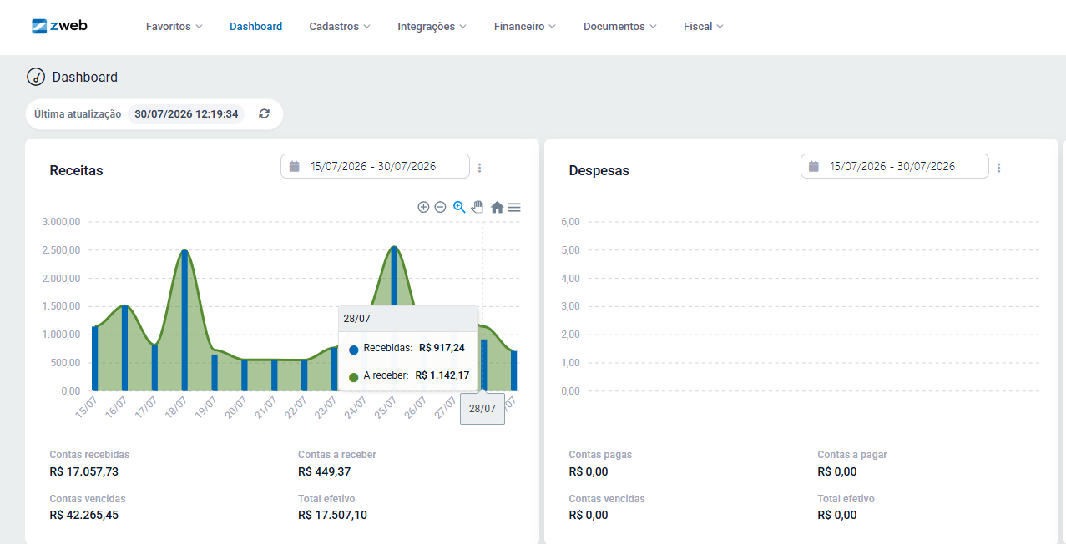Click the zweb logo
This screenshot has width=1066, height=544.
[59, 26]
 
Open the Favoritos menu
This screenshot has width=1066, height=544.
[174, 26]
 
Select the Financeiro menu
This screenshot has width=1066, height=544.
[524, 26]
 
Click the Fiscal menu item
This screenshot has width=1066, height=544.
[703, 26]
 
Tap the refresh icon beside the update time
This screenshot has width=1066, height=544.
[264, 113]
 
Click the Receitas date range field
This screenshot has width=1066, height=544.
[375, 166]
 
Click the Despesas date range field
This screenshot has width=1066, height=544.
[895, 166]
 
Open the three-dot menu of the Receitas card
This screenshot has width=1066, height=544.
[480, 168]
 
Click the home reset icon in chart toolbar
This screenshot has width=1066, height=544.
[497, 207]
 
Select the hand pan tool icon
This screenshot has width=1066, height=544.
[477, 207]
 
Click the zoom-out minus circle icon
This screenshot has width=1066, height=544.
[440, 207]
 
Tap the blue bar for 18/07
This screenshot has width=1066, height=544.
[184, 320]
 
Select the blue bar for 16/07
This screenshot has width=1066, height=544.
[124, 348]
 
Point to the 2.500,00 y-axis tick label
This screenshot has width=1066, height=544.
[61, 250]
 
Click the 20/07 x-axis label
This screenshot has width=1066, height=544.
[235, 407]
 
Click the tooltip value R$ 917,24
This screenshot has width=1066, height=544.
[442, 348]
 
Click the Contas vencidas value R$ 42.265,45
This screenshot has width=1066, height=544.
[83, 515]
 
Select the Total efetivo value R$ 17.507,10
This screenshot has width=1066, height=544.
[332, 515]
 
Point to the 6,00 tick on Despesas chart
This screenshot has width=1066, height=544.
[570, 222]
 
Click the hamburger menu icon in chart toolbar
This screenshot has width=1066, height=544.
[514, 207]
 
